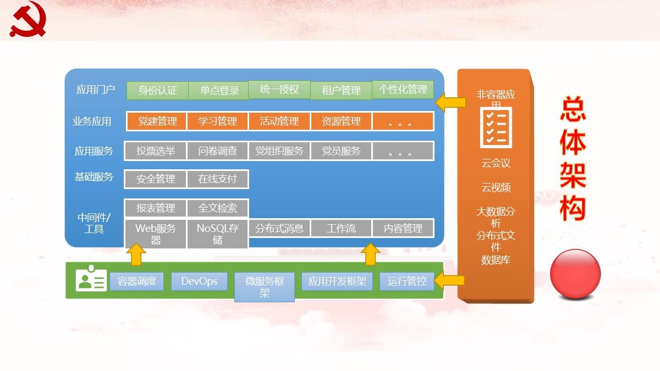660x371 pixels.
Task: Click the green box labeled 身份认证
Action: point(157,91)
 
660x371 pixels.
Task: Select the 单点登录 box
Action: point(219,91)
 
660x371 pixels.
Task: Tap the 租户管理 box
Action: point(341,91)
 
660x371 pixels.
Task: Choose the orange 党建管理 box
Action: point(157,121)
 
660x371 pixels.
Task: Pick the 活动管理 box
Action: point(279,121)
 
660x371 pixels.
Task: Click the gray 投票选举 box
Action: point(156,151)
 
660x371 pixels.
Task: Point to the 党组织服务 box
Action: point(279,151)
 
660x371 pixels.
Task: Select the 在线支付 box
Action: point(218,179)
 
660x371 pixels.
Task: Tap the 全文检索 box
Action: point(218,208)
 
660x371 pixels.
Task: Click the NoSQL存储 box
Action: point(218,234)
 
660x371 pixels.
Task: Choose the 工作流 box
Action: point(341,228)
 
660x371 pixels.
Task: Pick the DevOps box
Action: point(199,281)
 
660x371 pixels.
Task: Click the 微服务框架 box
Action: point(265,287)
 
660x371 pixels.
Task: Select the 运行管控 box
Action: point(406,281)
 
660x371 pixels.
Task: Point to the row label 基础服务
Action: point(94,177)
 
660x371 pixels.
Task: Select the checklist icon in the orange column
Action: point(496,128)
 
